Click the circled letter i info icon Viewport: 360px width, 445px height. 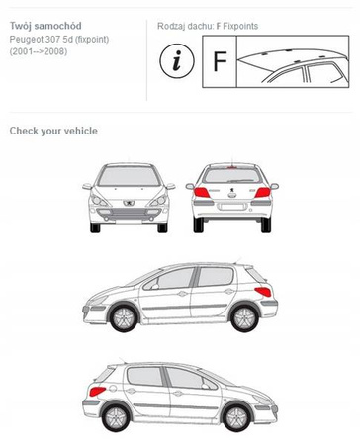click(177, 61)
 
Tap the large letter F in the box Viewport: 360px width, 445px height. click(220, 61)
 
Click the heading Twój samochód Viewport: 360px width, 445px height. click(45, 26)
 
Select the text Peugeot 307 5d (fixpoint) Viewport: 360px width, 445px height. click(59, 40)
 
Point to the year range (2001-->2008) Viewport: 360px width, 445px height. click(39, 51)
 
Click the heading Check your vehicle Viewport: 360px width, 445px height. click(53, 131)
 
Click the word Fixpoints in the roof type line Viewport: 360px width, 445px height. click(240, 26)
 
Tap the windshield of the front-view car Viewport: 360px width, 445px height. click(129, 176)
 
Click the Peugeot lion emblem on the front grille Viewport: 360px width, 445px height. click(128, 203)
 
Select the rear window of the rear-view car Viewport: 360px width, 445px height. click(232, 175)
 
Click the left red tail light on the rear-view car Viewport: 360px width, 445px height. click(202, 193)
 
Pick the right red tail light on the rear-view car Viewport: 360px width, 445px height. click(263, 193)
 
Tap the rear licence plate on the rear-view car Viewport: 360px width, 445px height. click(232, 207)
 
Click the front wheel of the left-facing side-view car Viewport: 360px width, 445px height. click(124, 317)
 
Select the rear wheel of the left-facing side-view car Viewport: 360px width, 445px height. click(244, 317)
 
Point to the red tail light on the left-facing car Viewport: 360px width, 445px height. click(263, 292)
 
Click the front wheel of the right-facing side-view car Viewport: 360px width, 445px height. click(236, 417)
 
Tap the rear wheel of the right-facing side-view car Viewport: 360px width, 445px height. click(116, 417)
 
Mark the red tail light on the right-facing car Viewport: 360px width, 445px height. click(98, 392)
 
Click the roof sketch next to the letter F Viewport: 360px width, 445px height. click(293, 61)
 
